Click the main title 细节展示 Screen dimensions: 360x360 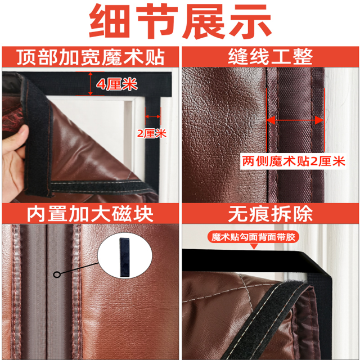pyautogui.click(x=181, y=21)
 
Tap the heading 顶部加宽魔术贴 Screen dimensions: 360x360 pyautogui.click(x=91, y=57)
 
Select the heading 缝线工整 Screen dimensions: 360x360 pyautogui.click(x=270, y=57)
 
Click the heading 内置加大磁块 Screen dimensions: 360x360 pyautogui.click(x=90, y=214)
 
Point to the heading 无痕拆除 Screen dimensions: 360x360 pyautogui.click(x=270, y=214)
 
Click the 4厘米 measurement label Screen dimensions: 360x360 pyautogui.click(x=117, y=84)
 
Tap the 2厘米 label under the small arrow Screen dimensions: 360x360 pyautogui.click(x=151, y=133)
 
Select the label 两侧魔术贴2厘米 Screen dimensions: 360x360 pyautogui.click(x=294, y=161)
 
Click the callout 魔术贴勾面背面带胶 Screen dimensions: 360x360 pyautogui.click(x=253, y=237)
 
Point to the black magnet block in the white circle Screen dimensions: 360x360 pyautogui.click(x=125, y=258)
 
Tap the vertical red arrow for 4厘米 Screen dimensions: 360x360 pyautogui.click(x=91, y=84)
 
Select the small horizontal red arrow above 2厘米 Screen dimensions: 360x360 pyautogui.click(x=152, y=116)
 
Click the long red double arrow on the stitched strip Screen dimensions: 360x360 pyautogui.click(x=295, y=120)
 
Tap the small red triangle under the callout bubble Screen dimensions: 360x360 pyautogui.click(x=254, y=246)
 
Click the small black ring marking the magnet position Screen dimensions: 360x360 pyautogui.click(x=57, y=274)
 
